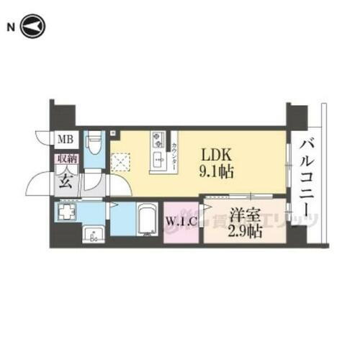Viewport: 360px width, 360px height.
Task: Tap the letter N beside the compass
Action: point(10,28)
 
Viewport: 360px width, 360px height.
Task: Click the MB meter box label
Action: point(64,139)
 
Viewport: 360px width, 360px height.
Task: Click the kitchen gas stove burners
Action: point(158,141)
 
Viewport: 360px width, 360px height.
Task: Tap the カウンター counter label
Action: point(175,151)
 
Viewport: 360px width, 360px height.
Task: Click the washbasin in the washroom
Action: point(92,235)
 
